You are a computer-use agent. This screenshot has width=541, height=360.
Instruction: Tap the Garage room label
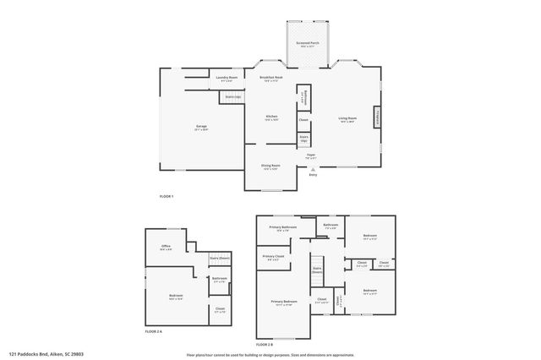pyautogui.click(x=201, y=127)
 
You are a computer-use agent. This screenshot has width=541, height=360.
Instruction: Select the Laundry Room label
pyautogui.click(x=227, y=77)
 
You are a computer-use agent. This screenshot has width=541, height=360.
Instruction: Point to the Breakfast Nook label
pyautogui.click(x=271, y=78)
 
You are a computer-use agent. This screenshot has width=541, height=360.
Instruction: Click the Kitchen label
pyautogui.click(x=271, y=117)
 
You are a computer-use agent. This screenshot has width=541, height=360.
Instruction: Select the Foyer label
pyautogui.click(x=311, y=156)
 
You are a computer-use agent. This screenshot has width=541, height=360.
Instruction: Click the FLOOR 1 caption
pyautogui.click(x=166, y=196)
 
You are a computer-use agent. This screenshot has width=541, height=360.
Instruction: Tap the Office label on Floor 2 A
pyautogui.click(x=166, y=247)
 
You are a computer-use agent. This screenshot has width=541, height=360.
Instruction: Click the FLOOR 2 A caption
pyautogui.click(x=153, y=331)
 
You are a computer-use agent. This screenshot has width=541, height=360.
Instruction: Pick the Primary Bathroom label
pyautogui.click(x=283, y=227)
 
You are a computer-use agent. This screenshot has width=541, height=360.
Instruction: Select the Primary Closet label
pyautogui.click(x=272, y=257)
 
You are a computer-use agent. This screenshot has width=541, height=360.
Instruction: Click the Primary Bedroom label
pyautogui.click(x=284, y=302)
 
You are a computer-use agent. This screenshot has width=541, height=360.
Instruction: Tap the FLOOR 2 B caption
pyautogui.click(x=265, y=344)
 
